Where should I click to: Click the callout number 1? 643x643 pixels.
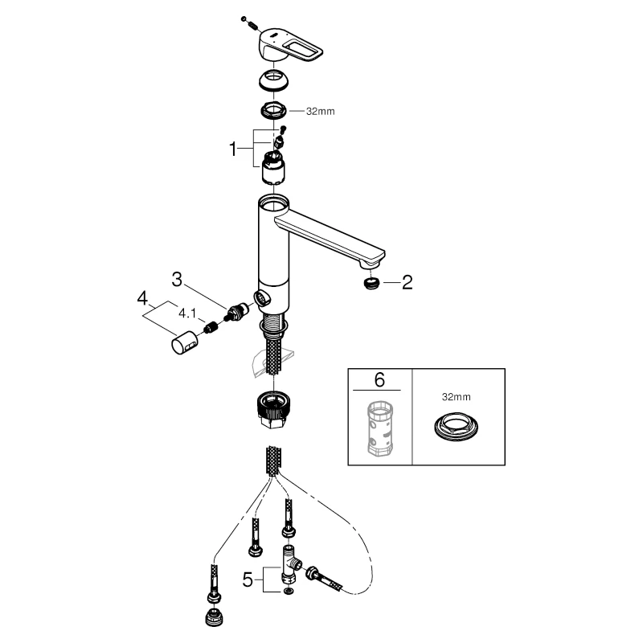pos(233,149)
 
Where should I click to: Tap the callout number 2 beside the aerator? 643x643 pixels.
pos(407,283)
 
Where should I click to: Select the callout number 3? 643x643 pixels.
pos(177,280)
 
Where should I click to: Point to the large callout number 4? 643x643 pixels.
pos(142,298)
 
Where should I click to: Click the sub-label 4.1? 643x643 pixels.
pos(187,313)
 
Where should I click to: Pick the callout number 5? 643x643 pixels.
pos(248,580)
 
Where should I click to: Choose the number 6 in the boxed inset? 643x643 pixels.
pos(379,380)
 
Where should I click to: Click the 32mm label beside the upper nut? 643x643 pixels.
pos(320,111)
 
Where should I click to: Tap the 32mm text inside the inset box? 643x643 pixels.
pos(456,397)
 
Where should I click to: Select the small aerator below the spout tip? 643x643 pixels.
pos(371,283)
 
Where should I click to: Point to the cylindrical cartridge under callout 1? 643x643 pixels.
pos(273,167)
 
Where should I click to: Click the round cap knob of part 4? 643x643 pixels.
pos(185,342)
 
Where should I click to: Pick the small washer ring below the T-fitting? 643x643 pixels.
pos(289,592)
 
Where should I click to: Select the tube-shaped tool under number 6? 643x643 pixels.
pos(379,428)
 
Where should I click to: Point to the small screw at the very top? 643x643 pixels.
pos(250,23)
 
